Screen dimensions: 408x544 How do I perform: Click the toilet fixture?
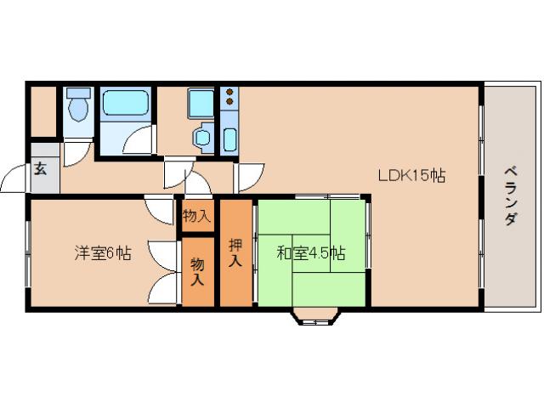pyautogui.click(x=78, y=106)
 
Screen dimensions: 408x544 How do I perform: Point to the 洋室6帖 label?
pyautogui.click(x=102, y=252)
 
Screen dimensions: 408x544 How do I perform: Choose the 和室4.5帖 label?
pyautogui.click(x=311, y=252)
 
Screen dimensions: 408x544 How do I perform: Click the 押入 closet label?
pyautogui.click(x=236, y=252)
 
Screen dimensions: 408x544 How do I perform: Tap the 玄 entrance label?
pyautogui.click(x=41, y=168)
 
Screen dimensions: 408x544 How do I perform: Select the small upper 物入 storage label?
pyautogui.click(x=196, y=216)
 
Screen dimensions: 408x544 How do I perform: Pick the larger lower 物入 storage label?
pyautogui.click(x=197, y=271)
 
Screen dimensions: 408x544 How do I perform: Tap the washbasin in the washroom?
pyautogui.click(x=202, y=136)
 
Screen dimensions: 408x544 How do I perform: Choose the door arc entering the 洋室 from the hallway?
pyautogui.click(x=160, y=208)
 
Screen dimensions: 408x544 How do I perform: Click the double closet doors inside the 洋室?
pyautogui.click(x=164, y=272)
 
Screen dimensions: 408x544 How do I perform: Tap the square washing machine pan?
pyautogui.click(x=201, y=104)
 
